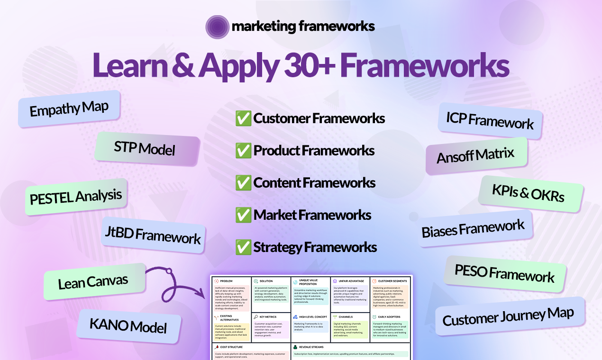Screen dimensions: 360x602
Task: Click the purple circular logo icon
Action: click(x=218, y=27)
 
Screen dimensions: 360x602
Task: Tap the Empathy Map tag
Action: click(x=69, y=109)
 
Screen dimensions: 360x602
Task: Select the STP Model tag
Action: click(x=145, y=148)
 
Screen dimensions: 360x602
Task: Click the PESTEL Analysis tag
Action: click(x=76, y=196)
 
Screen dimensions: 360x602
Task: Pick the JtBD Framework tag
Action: click(x=153, y=235)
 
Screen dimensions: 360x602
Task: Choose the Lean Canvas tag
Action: click(x=93, y=281)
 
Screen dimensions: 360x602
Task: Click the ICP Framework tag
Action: click(x=490, y=120)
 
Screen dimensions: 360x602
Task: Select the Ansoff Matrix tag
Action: click(x=475, y=155)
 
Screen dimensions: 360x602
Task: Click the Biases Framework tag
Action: click(x=473, y=229)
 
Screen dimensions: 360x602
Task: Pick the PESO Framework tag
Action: click(x=504, y=274)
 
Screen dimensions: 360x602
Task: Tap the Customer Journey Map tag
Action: click(x=508, y=316)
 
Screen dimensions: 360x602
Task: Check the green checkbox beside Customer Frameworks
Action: click(x=243, y=118)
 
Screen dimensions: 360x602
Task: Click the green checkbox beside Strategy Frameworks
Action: click(x=243, y=247)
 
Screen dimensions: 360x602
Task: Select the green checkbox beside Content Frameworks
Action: click(x=243, y=183)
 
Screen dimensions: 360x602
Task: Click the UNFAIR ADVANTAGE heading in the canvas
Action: click(x=351, y=281)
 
